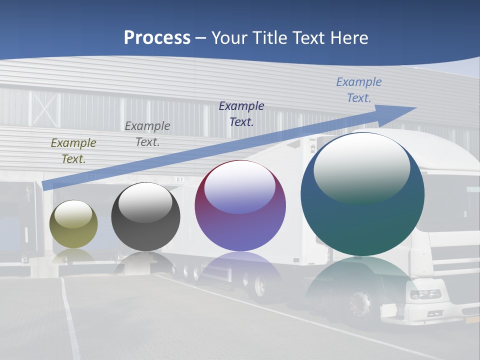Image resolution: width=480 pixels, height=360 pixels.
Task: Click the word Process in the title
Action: pyautogui.click(x=157, y=38)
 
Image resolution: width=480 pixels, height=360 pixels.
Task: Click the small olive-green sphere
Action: pyautogui.click(x=73, y=224)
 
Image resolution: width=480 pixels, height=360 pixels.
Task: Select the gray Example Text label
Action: pyautogui.click(x=147, y=134)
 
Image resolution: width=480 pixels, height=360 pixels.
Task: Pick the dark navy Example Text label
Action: pyautogui.click(x=241, y=113)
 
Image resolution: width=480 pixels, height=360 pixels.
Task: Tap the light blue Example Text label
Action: pyautogui.click(x=358, y=90)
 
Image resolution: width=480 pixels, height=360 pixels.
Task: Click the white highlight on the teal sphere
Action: pyautogui.click(x=361, y=167)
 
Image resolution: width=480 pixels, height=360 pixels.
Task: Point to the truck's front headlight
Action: pyautogui.click(x=425, y=294)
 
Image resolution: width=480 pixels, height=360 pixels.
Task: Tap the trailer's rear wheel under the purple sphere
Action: pyautogui.click(x=260, y=286)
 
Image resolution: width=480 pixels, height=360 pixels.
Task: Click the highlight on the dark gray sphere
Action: pyautogui.click(x=145, y=202)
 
